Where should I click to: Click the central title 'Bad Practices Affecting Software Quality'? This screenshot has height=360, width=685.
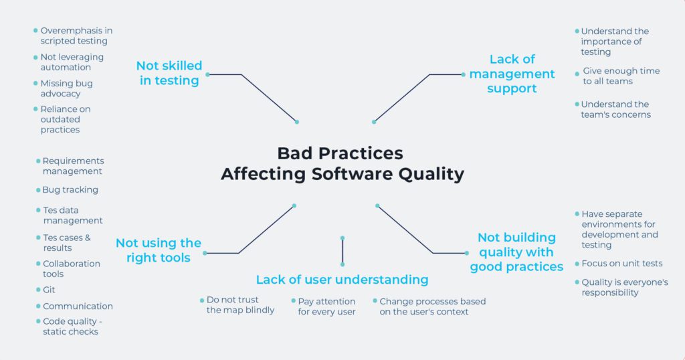(x=342, y=164)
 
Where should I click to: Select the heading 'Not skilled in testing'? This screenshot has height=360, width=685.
(x=169, y=74)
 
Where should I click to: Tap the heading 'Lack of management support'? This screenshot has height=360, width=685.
(x=512, y=74)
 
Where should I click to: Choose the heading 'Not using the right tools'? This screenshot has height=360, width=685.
(x=158, y=250)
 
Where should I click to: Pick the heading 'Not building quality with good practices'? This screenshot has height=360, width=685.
(x=516, y=252)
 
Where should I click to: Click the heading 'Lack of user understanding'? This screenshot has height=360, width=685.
(x=342, y=279)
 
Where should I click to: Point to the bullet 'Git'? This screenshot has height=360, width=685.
(x=49, y=290)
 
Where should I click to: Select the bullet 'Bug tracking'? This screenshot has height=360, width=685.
(x=70, y=190)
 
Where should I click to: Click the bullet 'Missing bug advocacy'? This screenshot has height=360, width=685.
(x=66, y=89)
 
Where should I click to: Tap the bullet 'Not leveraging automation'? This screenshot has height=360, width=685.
(x=72, y=62)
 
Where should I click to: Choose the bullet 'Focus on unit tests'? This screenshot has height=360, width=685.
(x=621, y=264)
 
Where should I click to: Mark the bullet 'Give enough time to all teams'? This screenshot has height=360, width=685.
(x=620, y=76)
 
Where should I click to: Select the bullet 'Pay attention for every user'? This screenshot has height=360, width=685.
(x=326, y=306)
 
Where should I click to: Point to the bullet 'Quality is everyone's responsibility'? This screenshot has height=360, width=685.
(x=624, y=288)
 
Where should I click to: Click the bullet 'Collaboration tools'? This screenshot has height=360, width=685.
(x=71, y=269)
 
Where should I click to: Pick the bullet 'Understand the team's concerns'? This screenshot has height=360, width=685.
(x=615, y=109)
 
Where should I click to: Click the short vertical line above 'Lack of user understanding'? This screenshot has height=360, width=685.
(x=342, y=251)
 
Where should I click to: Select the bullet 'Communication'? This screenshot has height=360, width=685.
(x=78, y=306)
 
